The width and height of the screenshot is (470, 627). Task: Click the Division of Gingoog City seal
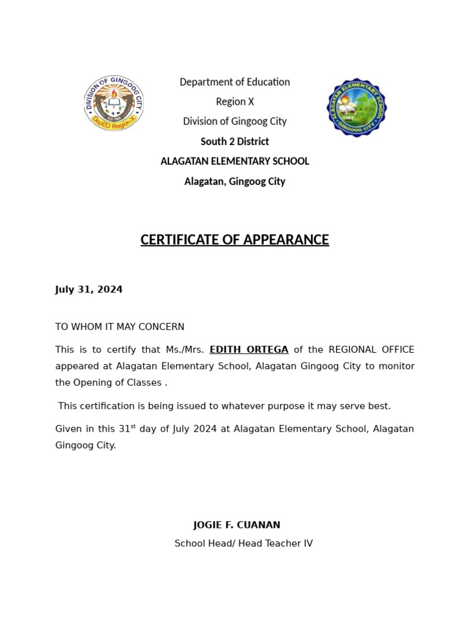pyautogui.click(x=114, y=103)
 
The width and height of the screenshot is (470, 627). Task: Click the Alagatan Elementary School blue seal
pyautogui.click(x=356, y=108)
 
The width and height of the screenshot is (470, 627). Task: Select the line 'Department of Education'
pyautogui.click(x=234, y=82)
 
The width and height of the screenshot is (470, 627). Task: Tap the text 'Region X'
pyautogui.click(x=234, y=102)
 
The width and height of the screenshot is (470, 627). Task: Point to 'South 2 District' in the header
pyautogui.click(x=234, y=141)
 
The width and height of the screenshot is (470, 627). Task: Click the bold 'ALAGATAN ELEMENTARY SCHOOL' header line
pyautogui.click(x=234, y=161)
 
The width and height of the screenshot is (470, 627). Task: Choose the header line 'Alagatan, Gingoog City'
pyautogui.click(x=234, y=181)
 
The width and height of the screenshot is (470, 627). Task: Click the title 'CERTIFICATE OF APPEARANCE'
pyautogui.click(x=234, y=239)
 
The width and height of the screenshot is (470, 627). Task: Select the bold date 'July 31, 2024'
pyautogui.click(x=89, y=290)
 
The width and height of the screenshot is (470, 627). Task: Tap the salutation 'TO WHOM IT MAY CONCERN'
pyautogui.click(x=119, y=327)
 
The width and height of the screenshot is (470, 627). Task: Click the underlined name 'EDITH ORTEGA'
pyautogui.click(x=248, y=350)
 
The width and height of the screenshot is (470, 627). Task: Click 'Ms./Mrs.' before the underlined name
pyautogui.click(x=185, y=350)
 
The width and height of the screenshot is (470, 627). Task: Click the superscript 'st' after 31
pyautogui.click(x=133, y=426)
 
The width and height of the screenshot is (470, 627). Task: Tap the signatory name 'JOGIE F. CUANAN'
pyautogui.click(x=236, y=525)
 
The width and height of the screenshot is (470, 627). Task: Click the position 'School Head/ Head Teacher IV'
pyautogui.click(x=243, y=543)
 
